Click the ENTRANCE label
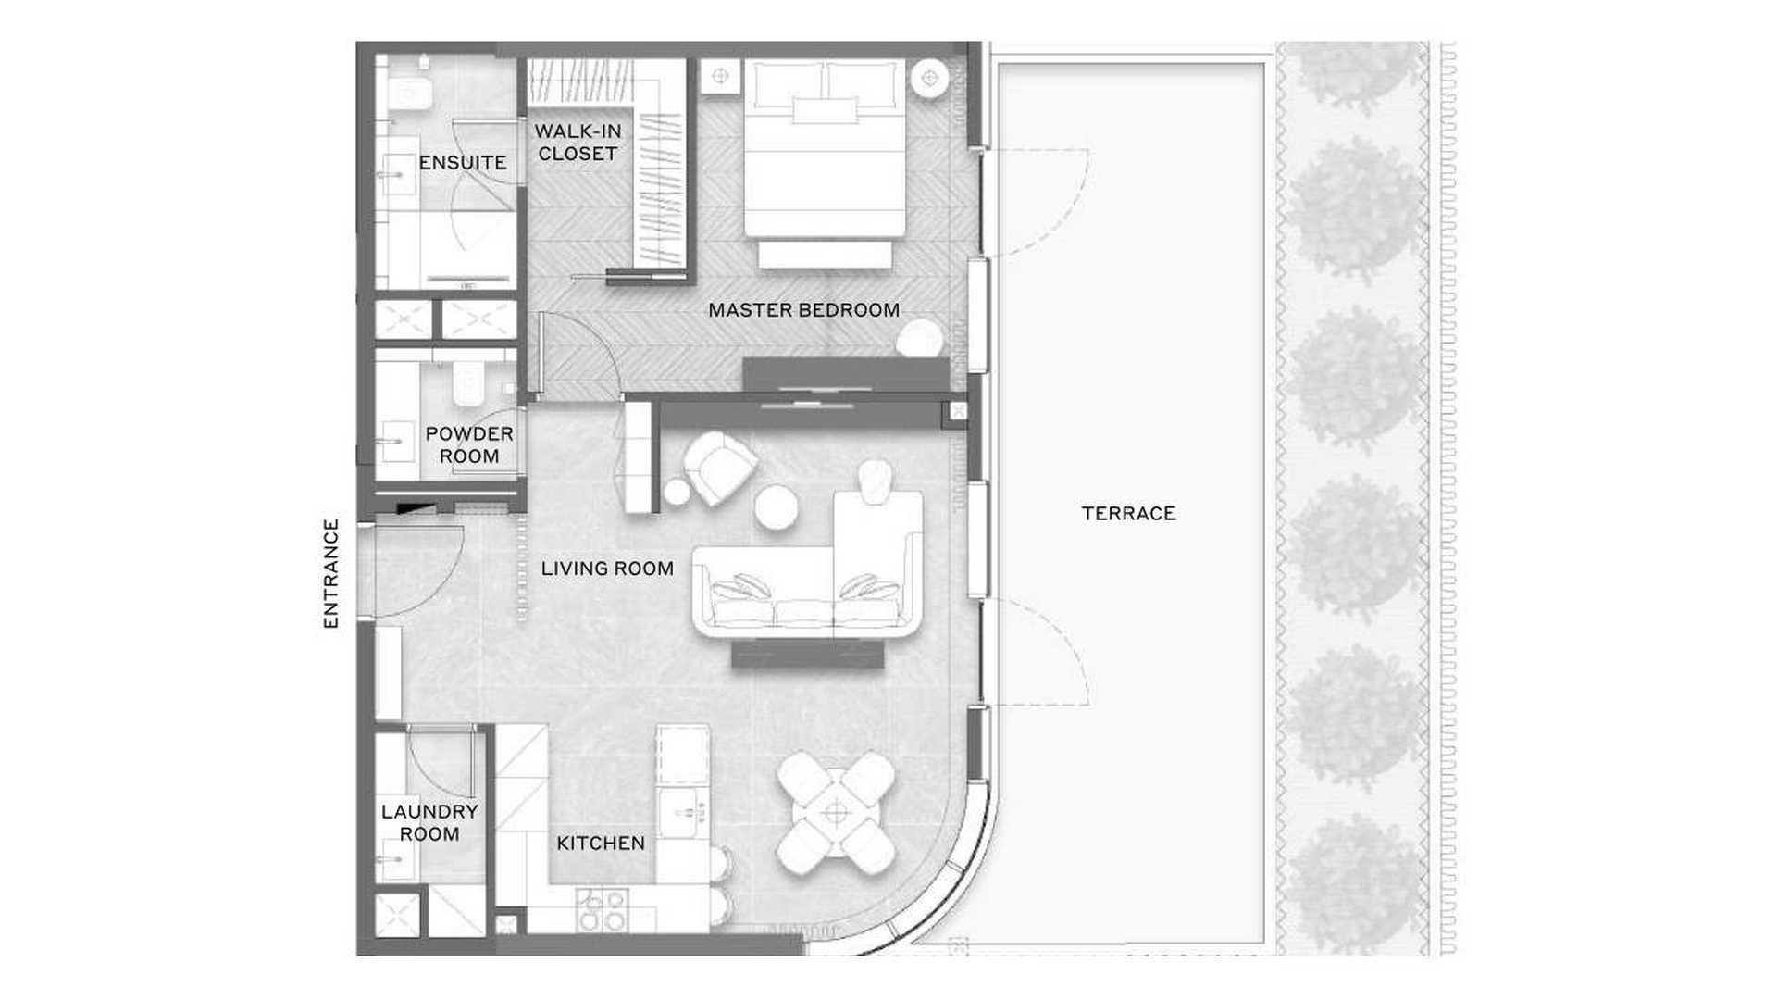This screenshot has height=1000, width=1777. (330, 573)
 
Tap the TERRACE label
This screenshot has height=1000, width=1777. (1128, 513)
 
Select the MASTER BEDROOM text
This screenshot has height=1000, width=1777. (803, 310)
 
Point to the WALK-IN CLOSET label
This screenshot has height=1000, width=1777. (578, 143)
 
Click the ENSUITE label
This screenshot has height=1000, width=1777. (463, 163)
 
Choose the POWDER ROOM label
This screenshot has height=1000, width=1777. (469, 444)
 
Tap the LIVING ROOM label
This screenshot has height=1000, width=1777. (607, 569)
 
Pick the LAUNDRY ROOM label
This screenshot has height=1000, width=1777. (429, 822)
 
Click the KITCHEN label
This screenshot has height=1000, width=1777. (601, 844)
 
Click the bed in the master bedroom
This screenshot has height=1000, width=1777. (825, 162)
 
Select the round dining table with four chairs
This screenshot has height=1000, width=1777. (836, 813)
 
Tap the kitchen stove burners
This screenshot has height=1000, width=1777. (603, 909)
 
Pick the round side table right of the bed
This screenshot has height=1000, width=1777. (929, 79)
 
